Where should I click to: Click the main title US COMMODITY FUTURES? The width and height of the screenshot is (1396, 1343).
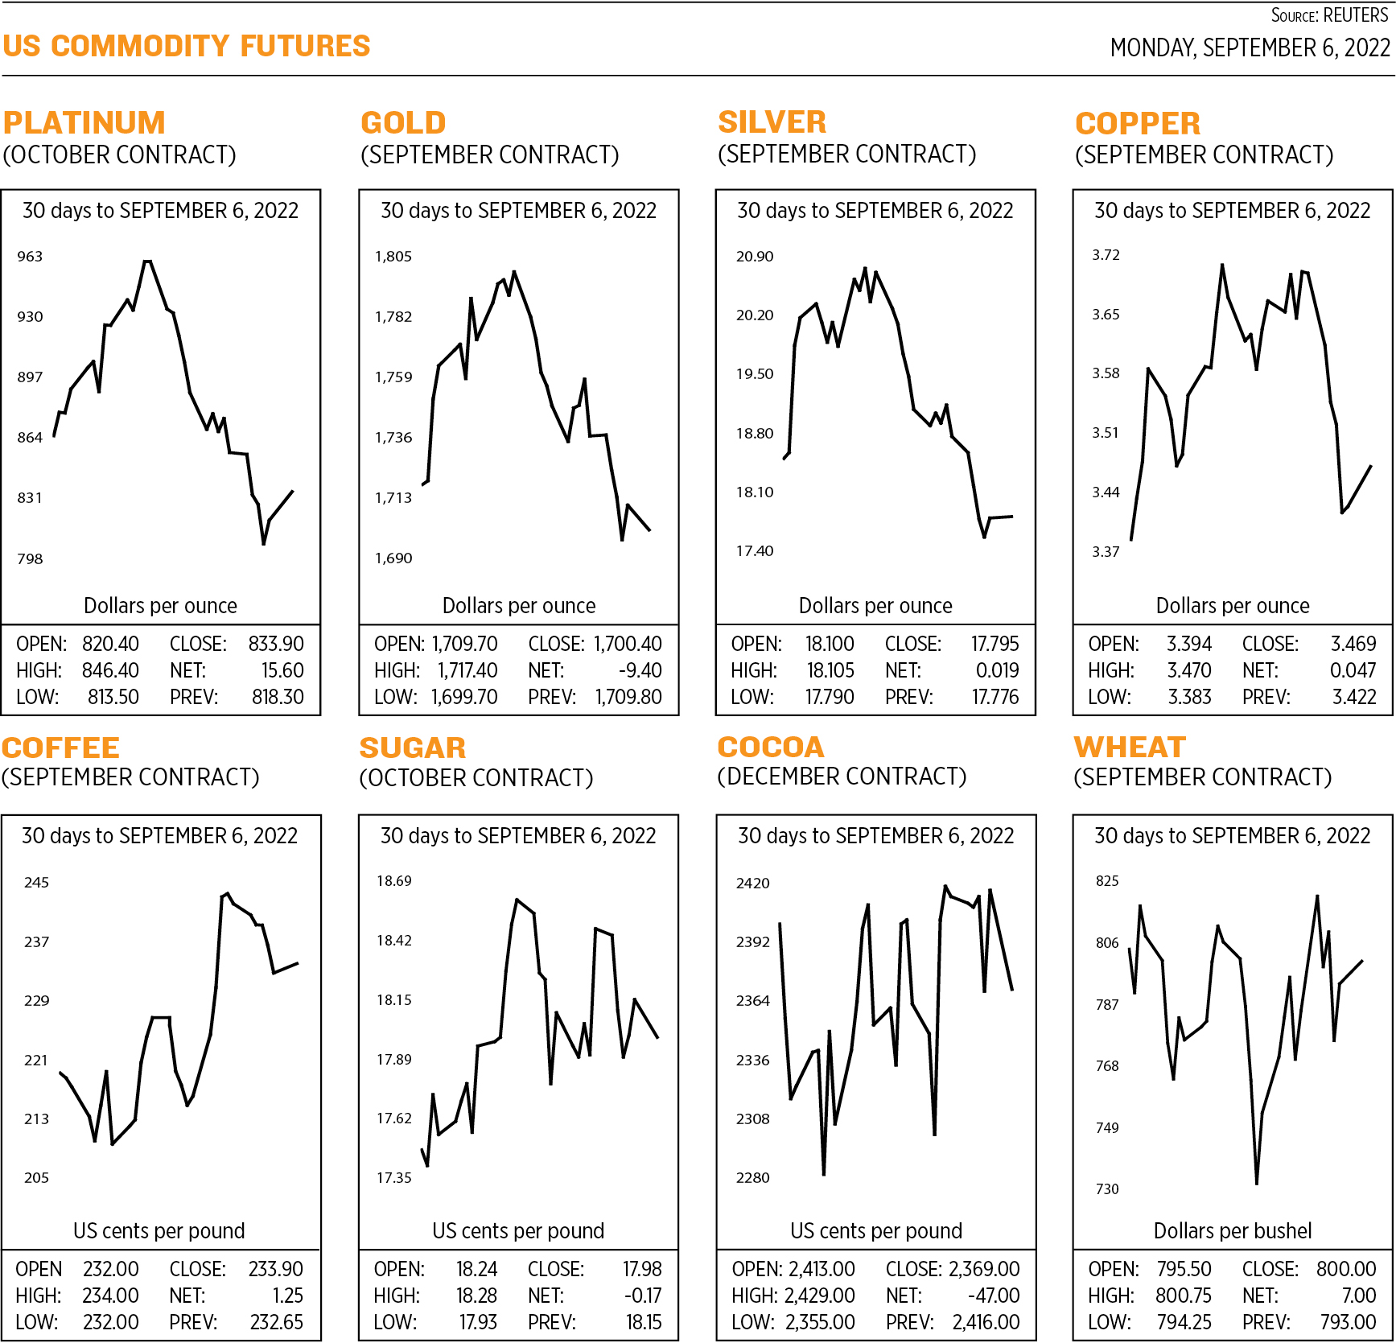point(186,46)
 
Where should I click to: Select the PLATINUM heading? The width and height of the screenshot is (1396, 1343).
point(84,122)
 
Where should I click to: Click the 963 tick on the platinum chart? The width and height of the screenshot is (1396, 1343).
point(30,257)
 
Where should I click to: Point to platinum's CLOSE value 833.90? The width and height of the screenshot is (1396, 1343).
point(276,644)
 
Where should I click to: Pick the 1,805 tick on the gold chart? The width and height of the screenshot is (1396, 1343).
point(393,257)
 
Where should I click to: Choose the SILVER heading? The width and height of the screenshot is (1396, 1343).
point(772,122)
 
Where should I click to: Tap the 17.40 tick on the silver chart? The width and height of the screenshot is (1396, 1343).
point(754,551)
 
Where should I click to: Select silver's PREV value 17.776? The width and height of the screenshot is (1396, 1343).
point(995,697)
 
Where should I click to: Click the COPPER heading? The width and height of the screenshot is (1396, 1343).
point(1138,123)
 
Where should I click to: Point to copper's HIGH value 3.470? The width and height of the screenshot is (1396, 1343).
point(1189,670)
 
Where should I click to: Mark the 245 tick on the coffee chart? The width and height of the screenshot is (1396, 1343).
point(36,883)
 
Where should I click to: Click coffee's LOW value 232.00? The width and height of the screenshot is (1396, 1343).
point(110,1322)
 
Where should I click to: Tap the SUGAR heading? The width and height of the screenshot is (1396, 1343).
point(412,748)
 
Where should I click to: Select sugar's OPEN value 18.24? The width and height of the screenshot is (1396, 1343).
point(476,1269)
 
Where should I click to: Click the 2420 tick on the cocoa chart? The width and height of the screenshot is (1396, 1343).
point(752,884)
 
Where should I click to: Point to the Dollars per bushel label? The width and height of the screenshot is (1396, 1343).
point(1232,1230)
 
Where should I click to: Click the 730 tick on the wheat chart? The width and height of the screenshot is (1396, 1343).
point(1107,1189)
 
